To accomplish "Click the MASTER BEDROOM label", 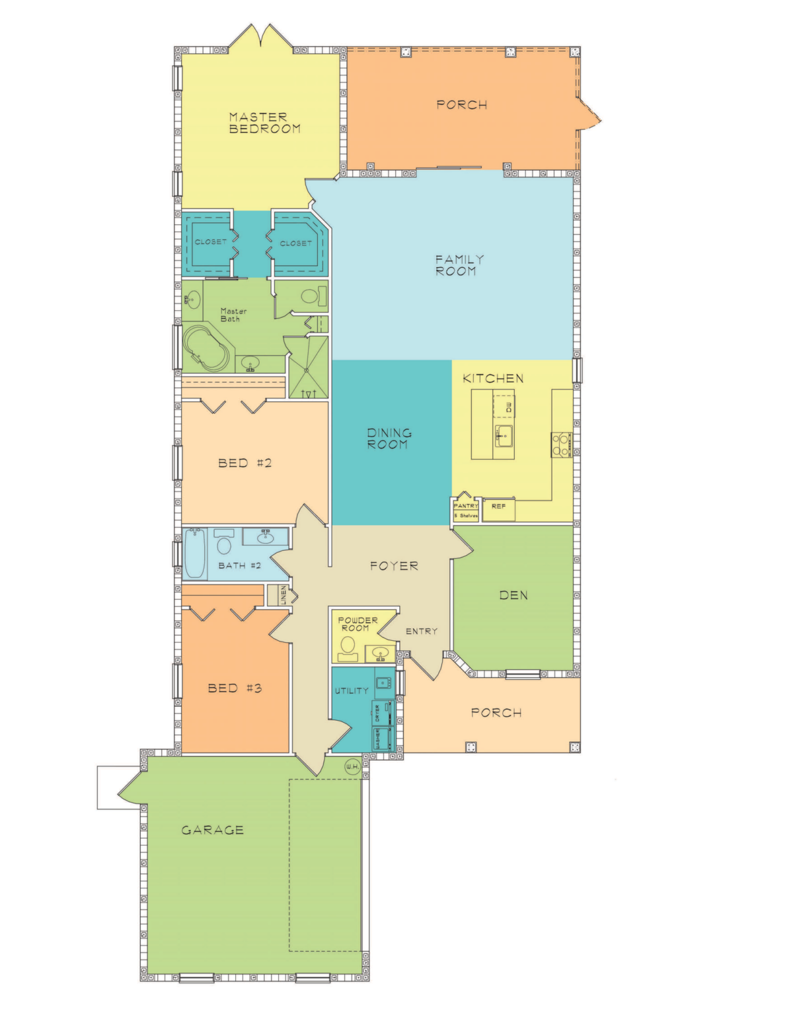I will (x=264, y=123).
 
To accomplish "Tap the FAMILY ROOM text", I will (x=459, y=265).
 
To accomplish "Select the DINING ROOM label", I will (x=389, y=438).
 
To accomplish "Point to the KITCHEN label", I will (x=493, y=378).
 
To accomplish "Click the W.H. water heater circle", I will (x=352, y=766).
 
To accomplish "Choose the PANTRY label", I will (x=466, y=506).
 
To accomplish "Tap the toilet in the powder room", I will (x=348, y=648).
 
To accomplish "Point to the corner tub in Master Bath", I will (x=207, y=349).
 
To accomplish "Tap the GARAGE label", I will (x=213, y=830).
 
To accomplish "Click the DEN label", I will (x=513, y=595).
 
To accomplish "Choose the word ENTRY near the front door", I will (x=422, y=631).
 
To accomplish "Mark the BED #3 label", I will (x=235, y=688).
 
